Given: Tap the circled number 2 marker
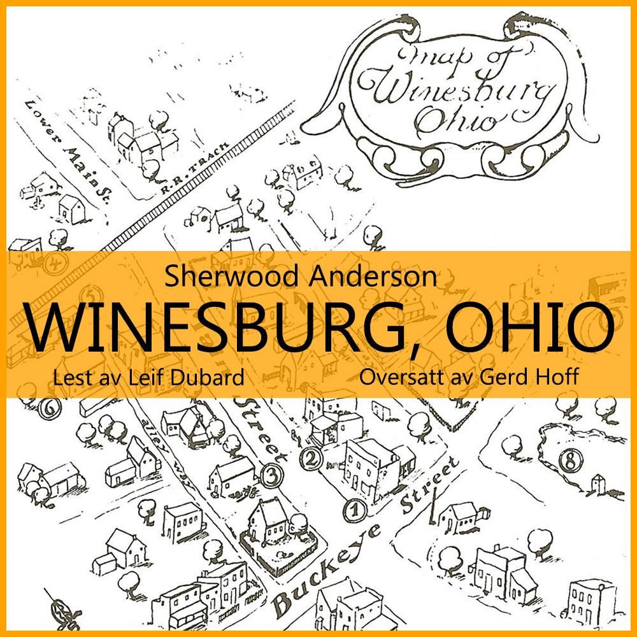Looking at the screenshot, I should pyautogui.click(x=310, y=457).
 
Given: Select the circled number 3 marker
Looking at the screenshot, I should pyautogui.click(x=271, y=475).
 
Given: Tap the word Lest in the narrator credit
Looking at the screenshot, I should pyautogui.click(x=69, y=377).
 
